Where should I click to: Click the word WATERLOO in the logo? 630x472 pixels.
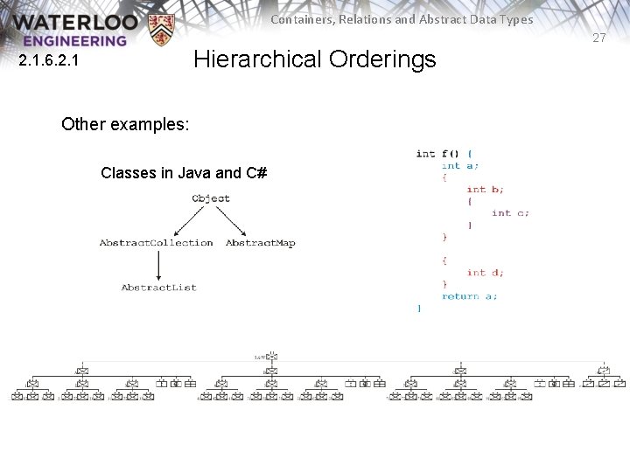tap(75, 22)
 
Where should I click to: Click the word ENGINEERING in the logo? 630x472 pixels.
tap(75, 40)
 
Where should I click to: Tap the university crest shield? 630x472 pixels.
tap(161, 30)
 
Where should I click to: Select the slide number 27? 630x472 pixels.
tap(598, 38)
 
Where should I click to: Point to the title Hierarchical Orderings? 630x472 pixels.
tap(314, 59)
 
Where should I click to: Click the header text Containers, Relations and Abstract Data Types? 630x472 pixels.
tap(402, 19)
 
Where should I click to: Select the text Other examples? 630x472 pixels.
tap(125, 124)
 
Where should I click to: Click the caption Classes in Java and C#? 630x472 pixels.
tap(184, 173)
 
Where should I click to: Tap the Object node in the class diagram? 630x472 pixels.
tap(211, 198)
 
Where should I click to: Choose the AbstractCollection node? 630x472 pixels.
tap(156, 243)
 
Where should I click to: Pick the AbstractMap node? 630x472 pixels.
tap(261, 243)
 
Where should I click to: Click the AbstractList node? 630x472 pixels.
tap(159, 288)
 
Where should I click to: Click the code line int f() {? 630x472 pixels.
tap(444, 154)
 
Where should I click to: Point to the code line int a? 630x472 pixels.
tap(460, 165)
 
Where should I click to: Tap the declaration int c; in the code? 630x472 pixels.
tap(510, 212)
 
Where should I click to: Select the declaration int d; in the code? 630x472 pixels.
tap(485, 272)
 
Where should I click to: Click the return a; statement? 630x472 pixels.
tap(469, 296)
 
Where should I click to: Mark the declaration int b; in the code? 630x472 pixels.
tap(485, 189)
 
